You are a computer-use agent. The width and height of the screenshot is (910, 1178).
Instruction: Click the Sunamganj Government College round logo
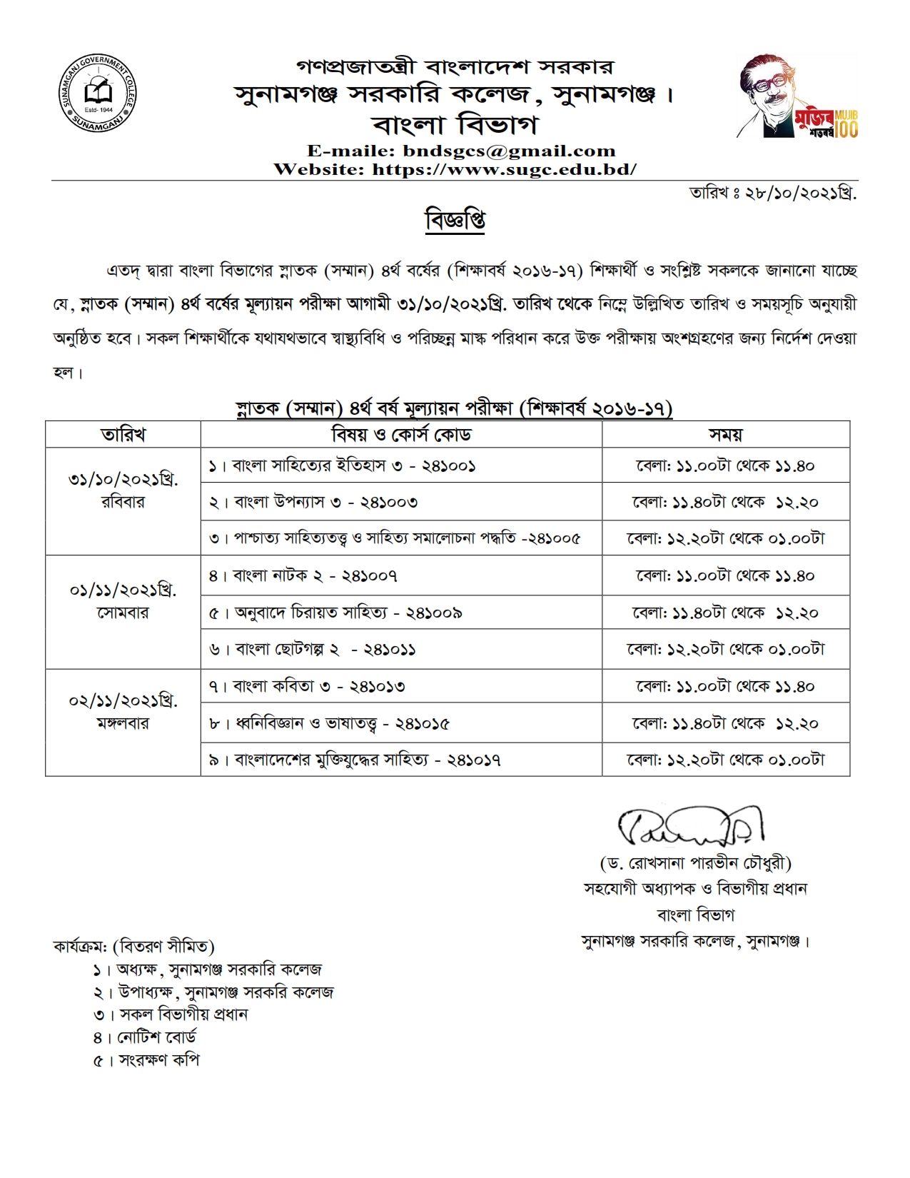(x=97, y=93)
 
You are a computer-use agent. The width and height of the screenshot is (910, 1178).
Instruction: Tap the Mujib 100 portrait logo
(x=797, y=97)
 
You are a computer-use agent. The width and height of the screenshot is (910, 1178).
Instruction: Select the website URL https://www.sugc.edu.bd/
(x=504, y=169)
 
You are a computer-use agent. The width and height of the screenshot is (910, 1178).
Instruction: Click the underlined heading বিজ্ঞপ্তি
(x=455, y=220)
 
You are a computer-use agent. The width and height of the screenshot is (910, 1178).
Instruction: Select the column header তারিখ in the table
(x=123, y=434)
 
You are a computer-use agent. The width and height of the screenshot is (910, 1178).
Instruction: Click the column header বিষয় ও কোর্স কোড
(x=401, y=434)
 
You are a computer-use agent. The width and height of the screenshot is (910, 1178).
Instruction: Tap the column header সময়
(x=725, y=434)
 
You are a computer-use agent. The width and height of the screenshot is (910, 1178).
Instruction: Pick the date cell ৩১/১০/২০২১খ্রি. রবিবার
(x=123, y=490)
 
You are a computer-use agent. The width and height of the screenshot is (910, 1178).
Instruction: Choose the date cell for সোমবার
(x=123, y=601)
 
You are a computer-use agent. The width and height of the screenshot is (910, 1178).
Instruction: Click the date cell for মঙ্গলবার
(x=123, y=712)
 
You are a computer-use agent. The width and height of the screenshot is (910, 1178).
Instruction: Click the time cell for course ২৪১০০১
(x=725, y=465)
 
